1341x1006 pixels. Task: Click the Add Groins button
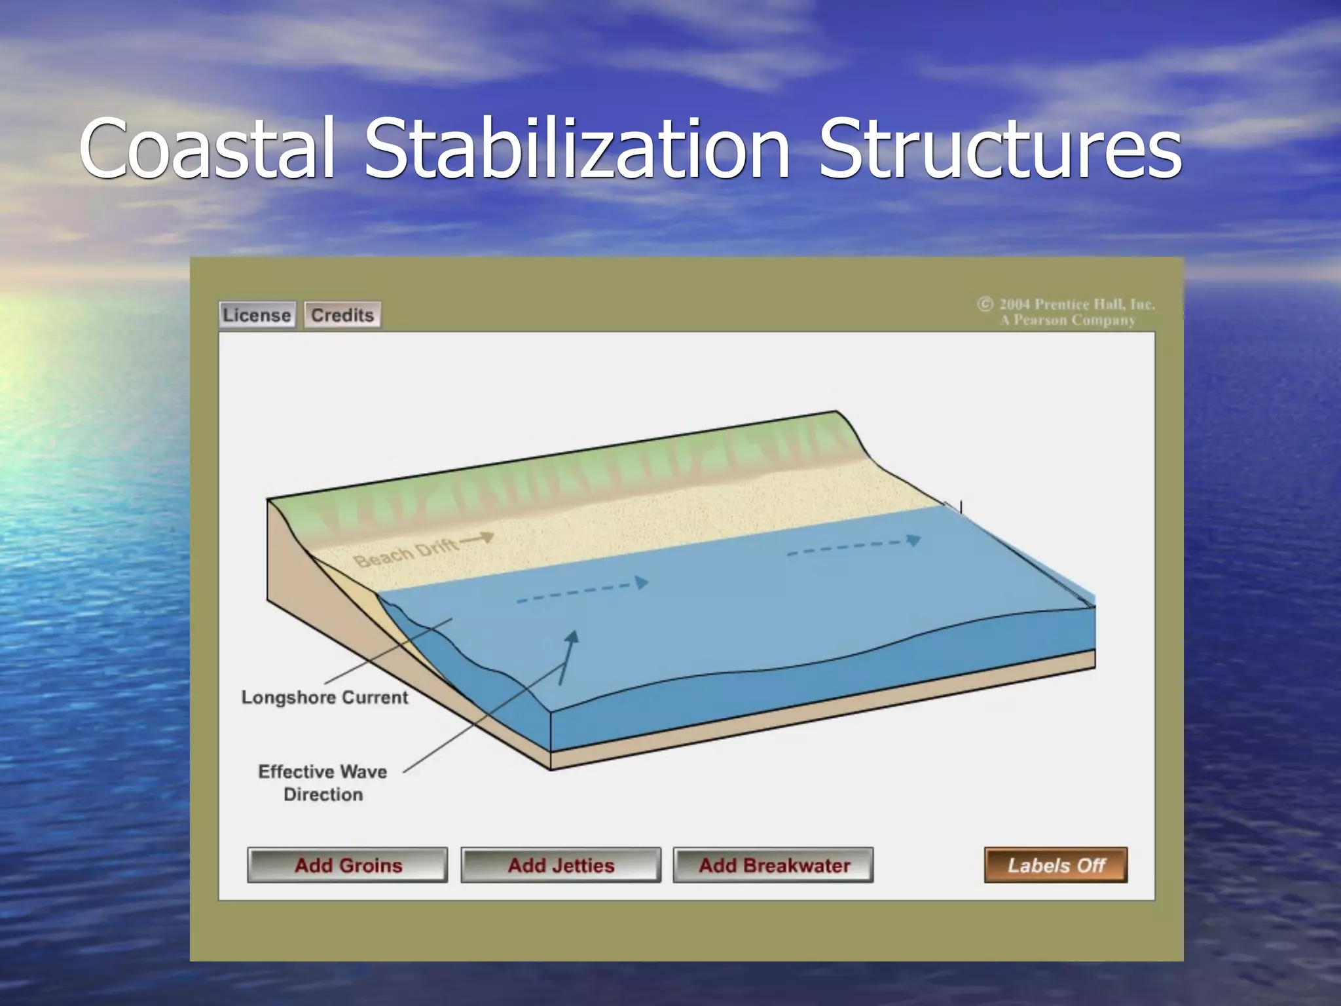(x=348, y=865)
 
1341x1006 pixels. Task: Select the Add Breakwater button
(x=773, y=865)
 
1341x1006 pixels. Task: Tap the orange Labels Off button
(x=1056, y=865)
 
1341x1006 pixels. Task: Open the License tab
(x=257, y=315)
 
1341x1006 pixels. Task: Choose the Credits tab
(x=342, y=315)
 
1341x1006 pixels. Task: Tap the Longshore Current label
(x=325, y=698)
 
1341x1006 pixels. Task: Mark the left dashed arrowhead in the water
(x=642, y=582)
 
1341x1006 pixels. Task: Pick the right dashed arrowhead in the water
(x=913, y=540)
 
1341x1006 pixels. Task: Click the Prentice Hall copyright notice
(x=1067, y=312)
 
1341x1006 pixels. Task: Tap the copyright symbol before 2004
(x=985, y=304)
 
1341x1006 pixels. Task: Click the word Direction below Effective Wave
(x=323, y=794)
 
